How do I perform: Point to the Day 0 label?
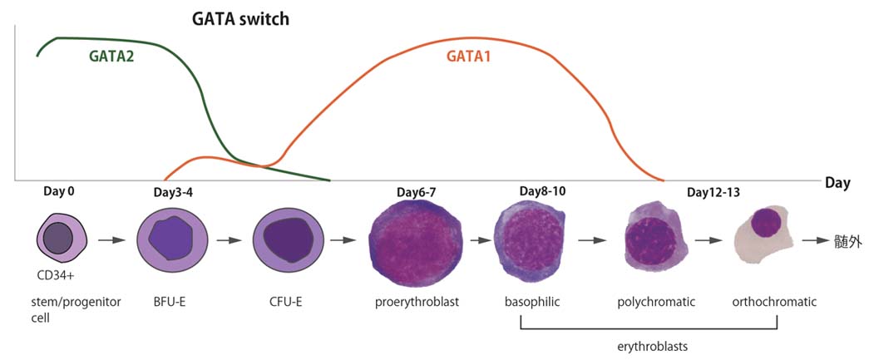pyautogui.click(x=59, y=191)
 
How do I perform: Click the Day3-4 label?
pyautogui.click(x=175, y=192)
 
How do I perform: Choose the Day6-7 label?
pyautogui.click(x=416, y=192)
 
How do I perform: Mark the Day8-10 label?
pyautogui.click(x=542, y=191)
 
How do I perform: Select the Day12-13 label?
pyautogui.click(x=714, y=192)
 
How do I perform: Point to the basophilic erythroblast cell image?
pyautogui.click(x=530, y=240)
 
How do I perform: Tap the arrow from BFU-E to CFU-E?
pyautogui.click(x=228, y=241)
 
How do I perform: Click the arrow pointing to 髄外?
pyautogui.click(x=817, y=241)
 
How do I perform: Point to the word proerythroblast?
pyautogui.click(x=416, y=302)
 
